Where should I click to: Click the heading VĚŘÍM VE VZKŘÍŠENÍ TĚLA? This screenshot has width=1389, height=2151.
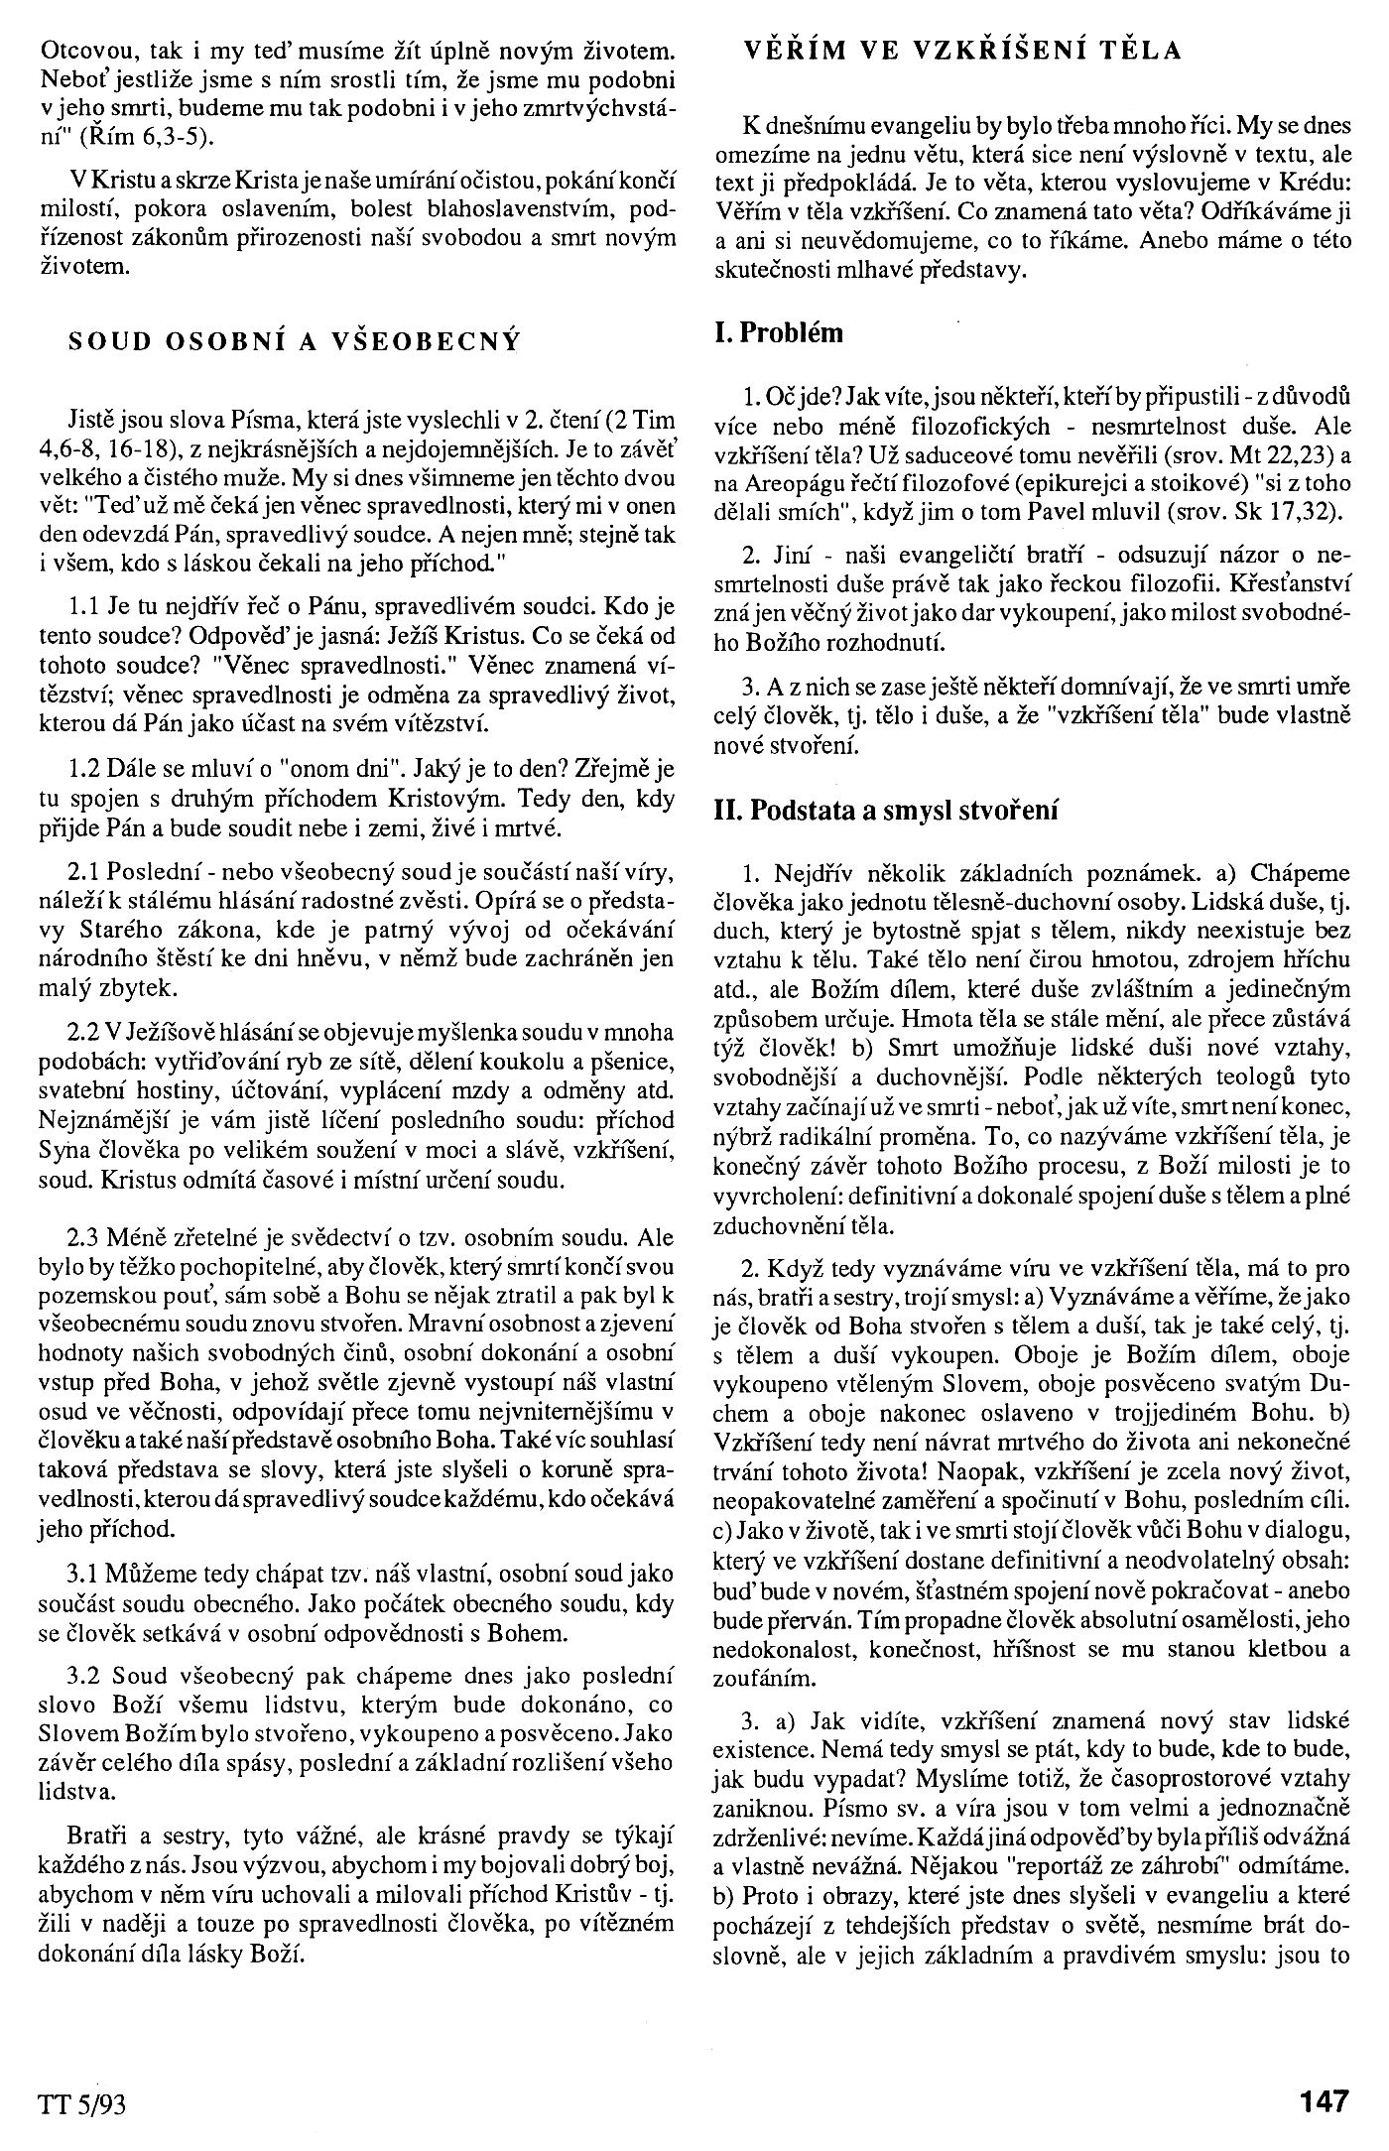963,51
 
